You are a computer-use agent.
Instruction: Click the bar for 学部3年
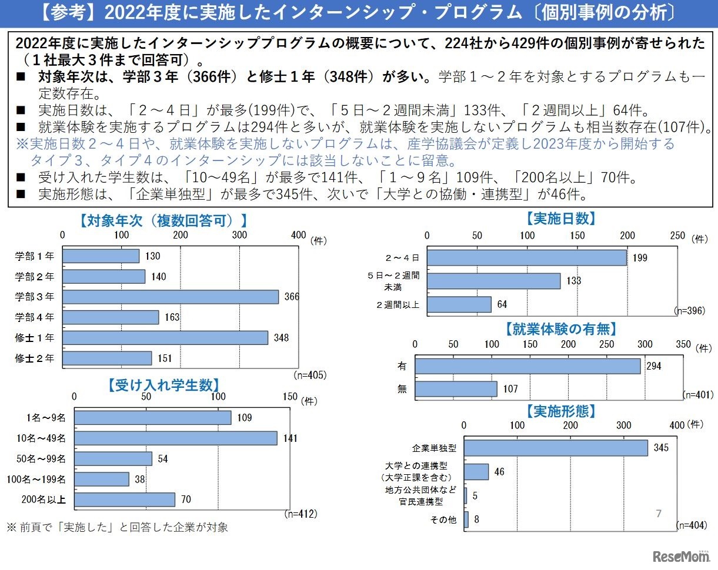click(x=171, y=297)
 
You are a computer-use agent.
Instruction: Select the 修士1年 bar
click(x=165, y=338)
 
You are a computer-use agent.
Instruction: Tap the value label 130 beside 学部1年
click(x=152, y=256)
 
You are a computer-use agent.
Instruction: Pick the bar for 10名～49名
click(x=175, y=438)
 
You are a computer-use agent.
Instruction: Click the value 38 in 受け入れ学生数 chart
click(x=141, y=480)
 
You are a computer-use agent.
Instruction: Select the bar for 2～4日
click(x=526, y=257)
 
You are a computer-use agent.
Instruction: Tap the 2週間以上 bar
click(x=459, y=304)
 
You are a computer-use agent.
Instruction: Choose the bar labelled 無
click(x=456, y=389)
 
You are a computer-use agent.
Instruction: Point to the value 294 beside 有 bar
click(x=653, y=366)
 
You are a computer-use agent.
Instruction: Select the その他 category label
click(x=444, y=520)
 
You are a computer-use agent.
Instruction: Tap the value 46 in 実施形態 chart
click(x=499, y=472)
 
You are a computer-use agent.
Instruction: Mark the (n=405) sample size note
click(x=309, y=374)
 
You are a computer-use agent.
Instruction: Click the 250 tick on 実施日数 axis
click(x=677, y=236)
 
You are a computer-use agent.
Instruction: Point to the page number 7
click(x=659, y=514)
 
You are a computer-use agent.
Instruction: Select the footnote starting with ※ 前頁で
click(x=118, y=527)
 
